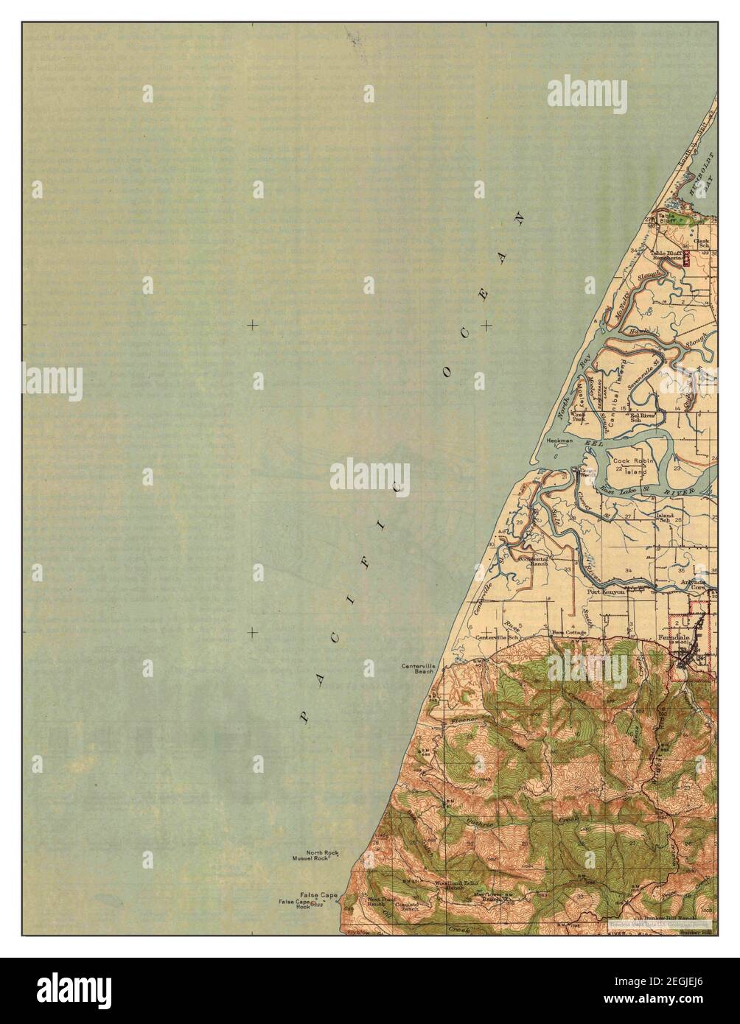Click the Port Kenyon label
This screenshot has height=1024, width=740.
pyautogui.click(x=606, y=591)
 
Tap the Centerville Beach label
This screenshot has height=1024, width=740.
pyautogui.click(x=418, y=669)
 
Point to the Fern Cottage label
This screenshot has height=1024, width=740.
pyautogui.click(x=570, y=632)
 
